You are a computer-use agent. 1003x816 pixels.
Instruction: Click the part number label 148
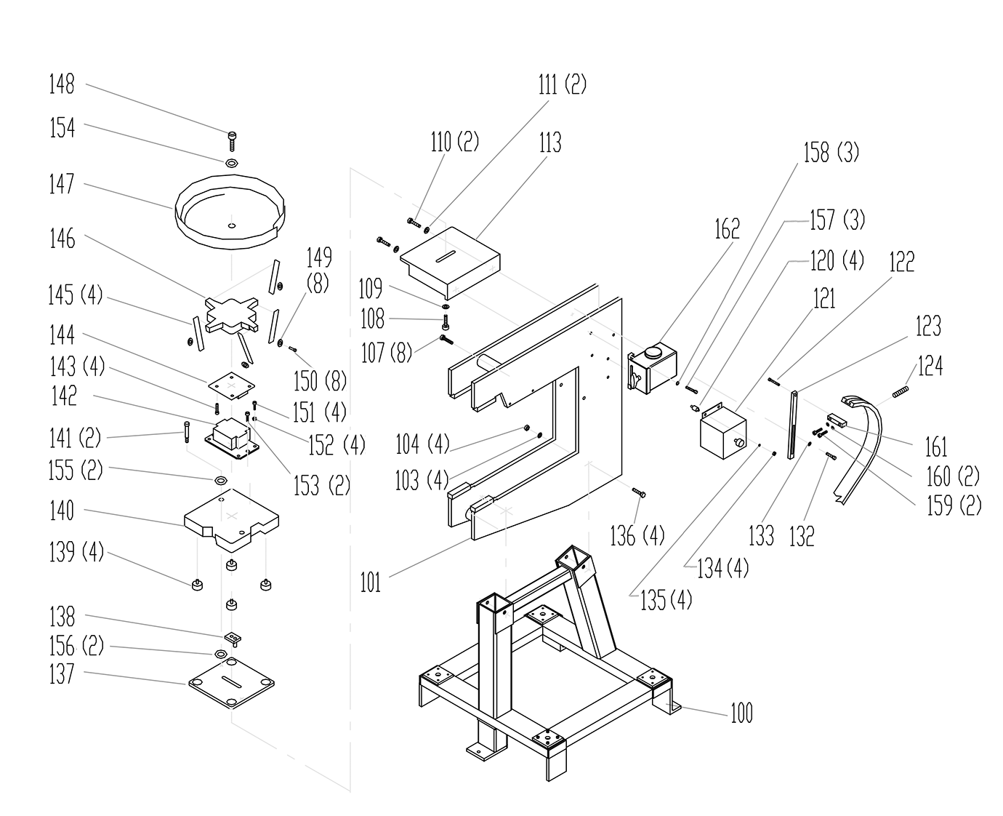click(62, 84)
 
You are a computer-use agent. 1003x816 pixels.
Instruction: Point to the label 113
click(549, 143)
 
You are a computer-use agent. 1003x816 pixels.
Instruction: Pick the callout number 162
click(726, 229)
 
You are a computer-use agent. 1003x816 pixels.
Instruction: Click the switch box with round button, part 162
click(653, 363)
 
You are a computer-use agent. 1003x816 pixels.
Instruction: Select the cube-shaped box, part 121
click(721, 433)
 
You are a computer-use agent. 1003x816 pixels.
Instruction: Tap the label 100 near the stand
click(741, 713)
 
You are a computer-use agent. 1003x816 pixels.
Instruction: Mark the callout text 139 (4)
click(76, 553)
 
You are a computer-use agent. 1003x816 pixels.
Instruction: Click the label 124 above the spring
click(931, 366)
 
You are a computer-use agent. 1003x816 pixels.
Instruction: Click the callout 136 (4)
click(637, 537)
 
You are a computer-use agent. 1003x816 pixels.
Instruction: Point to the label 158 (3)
click(831, 153)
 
